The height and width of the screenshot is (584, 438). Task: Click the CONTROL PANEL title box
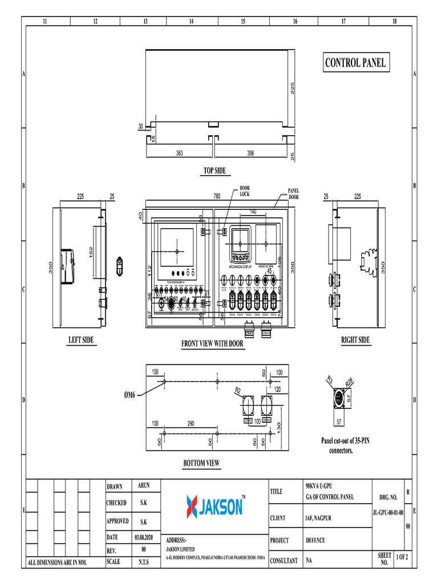pos(355,63)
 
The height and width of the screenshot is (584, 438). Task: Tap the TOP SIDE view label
pos(214,171)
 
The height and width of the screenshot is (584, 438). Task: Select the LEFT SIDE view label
pos(81,340)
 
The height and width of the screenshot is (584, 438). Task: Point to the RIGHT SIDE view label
pos(355,340)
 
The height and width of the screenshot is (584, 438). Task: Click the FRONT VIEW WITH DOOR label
pos(213,344)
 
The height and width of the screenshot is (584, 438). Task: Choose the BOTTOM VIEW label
pos(201,463)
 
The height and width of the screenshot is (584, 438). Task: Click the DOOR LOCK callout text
pos(244,191)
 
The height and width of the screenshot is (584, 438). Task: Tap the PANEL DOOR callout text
pos(293,194)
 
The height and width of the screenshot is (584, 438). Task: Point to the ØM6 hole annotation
pos(130,394)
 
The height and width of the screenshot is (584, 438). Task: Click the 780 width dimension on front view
pos(217,196)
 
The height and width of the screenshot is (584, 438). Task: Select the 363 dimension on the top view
pos(179,153)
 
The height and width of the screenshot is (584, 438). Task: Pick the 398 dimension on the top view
pos(250,153)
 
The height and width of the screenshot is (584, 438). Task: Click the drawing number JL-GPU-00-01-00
pos(388,513)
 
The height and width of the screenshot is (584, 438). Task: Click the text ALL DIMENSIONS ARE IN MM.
pos(58,563)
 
